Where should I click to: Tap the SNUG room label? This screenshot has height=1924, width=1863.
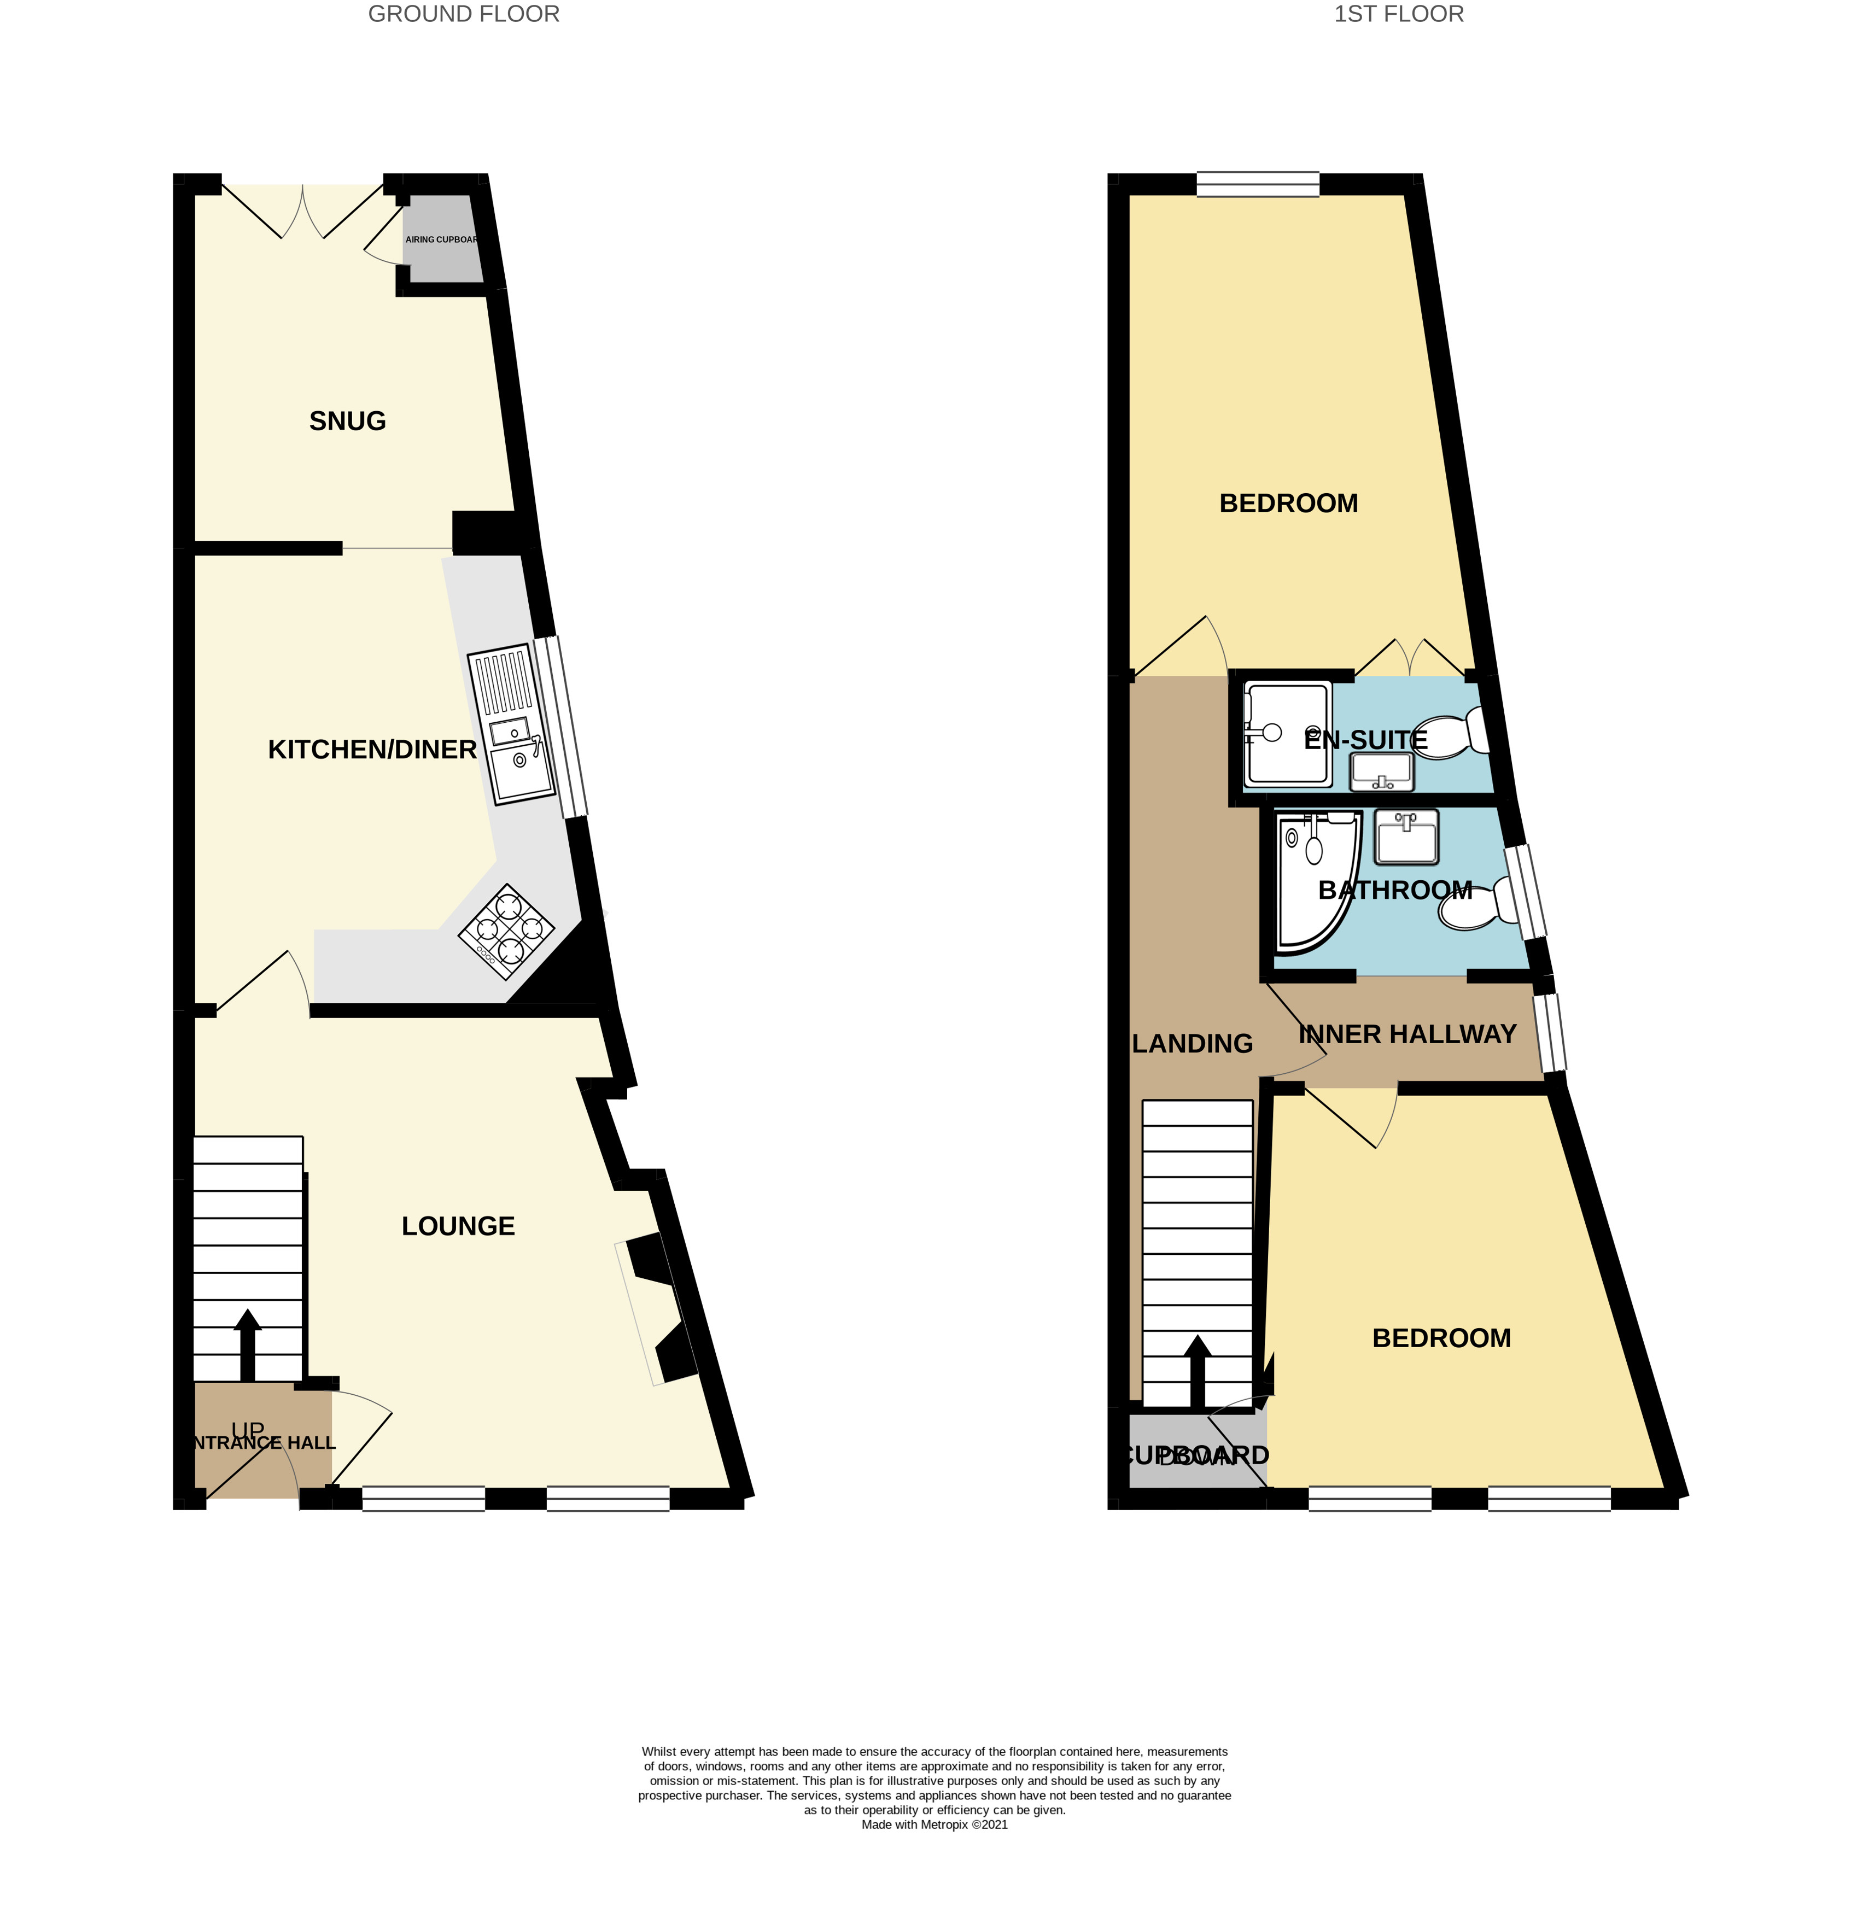(x=347, y=421)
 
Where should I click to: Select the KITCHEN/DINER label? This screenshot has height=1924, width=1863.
(x=372, y=750)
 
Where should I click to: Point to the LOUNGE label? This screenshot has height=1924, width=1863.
(x=458, y=1226)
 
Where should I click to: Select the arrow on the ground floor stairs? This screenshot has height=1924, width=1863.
(x=247, y=1345)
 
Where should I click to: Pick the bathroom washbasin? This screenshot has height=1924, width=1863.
(x=1406, y=837)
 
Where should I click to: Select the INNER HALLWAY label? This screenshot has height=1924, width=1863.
(x=1408, y=1034)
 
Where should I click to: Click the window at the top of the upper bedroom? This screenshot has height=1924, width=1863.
(x=1257, y=184)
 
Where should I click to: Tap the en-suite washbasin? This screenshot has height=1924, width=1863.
(x=1381, y=771)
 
